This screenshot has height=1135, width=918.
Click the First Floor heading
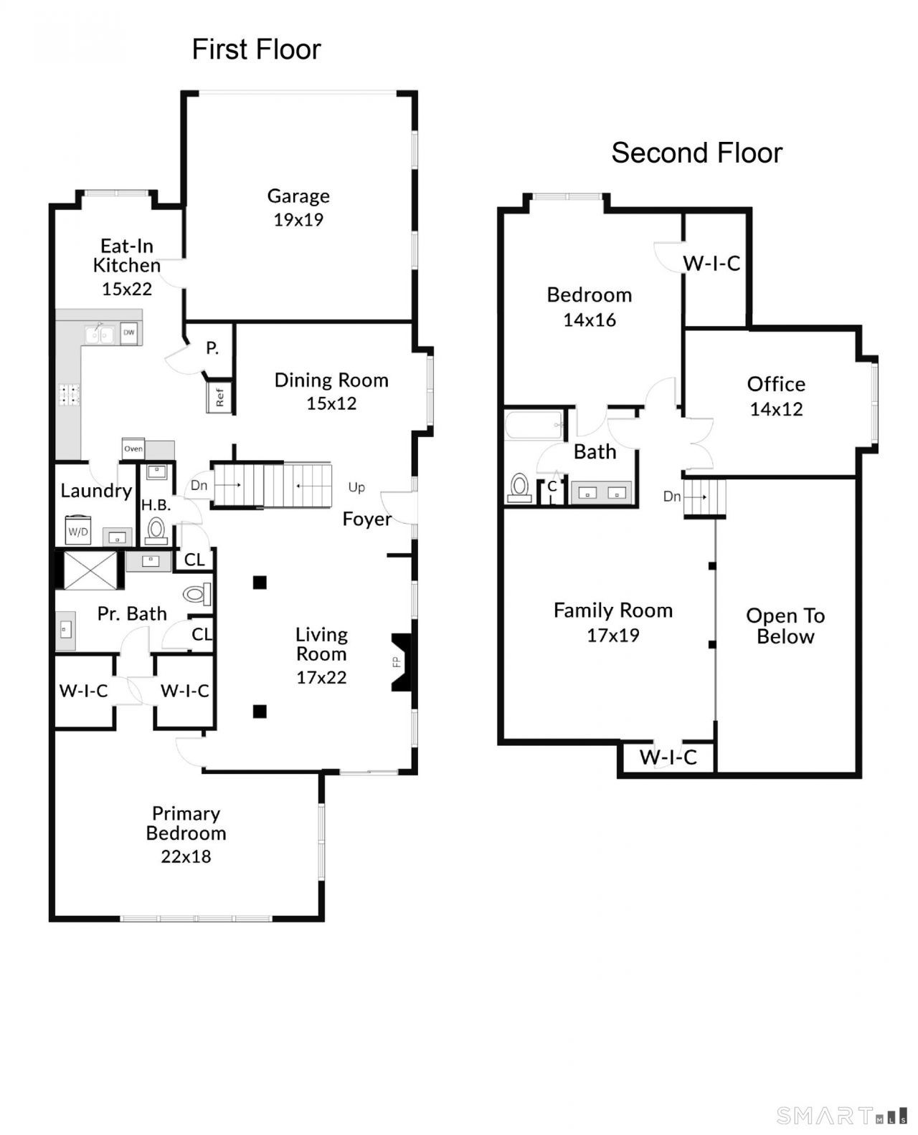(256, 49)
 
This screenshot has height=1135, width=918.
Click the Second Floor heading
(696, 153)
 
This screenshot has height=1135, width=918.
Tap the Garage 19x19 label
(298, 207)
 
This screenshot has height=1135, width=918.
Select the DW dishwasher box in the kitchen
(129, 332)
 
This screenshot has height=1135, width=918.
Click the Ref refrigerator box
(219, 397)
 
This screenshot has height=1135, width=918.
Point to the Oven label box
(133, 449)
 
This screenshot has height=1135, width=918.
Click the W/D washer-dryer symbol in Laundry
(77, 531)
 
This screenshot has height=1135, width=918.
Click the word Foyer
(366, 519)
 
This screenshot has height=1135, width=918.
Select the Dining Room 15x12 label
(331, 391)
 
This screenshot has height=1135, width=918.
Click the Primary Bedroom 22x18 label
(186, 834)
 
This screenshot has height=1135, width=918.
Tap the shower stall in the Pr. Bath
(90, 570)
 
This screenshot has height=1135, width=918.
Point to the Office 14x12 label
(776, 396)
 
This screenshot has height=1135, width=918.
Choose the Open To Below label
(785, 626)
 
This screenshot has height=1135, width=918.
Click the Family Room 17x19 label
(613, 622)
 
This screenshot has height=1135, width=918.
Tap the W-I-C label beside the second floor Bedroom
(711, 264)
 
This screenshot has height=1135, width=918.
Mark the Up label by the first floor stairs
(356, 487)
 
